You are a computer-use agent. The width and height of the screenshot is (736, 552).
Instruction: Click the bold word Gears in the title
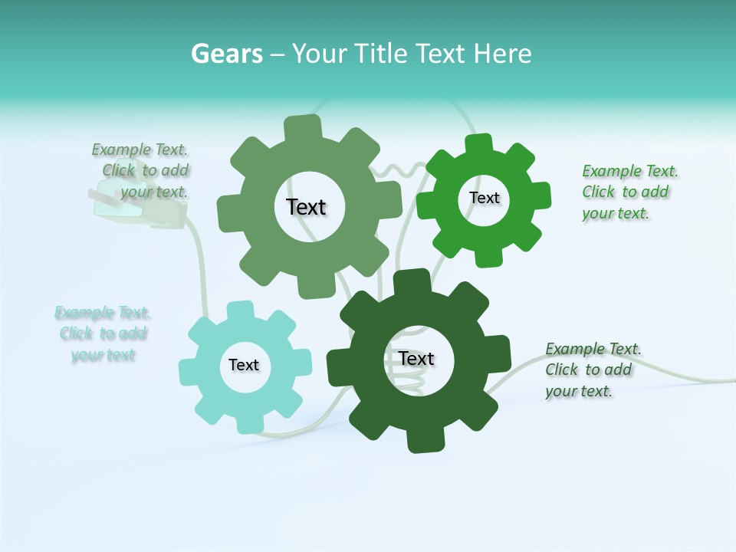[x=227, y=54]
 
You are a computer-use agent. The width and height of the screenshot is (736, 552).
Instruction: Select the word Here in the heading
[x=503, y=54]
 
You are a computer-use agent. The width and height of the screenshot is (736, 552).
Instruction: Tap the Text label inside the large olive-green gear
[x=307, y=207]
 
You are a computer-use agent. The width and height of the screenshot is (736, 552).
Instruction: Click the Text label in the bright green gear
[x=484, y=198]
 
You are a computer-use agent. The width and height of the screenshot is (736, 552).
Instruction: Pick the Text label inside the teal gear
[x=244, y=365]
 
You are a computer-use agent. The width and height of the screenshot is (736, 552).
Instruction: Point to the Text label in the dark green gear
[x=416, y=358]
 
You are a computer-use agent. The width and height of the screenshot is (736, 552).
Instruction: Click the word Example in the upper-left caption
[x=121, y=149]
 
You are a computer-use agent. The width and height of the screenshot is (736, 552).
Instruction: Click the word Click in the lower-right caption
[x=561, y=370]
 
